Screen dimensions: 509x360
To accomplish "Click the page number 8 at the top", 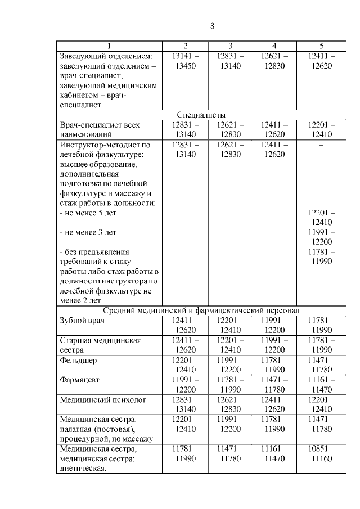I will tap(212, 26).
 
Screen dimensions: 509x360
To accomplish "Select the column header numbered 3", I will tap(230, 46).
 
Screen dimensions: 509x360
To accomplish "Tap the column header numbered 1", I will tap(109, 46).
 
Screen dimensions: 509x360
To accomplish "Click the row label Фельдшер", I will tap(78, 359).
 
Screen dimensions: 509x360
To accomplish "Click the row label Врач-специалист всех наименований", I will tap(100, 129).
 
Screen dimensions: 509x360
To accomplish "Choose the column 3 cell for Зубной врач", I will tap(230, 325).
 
